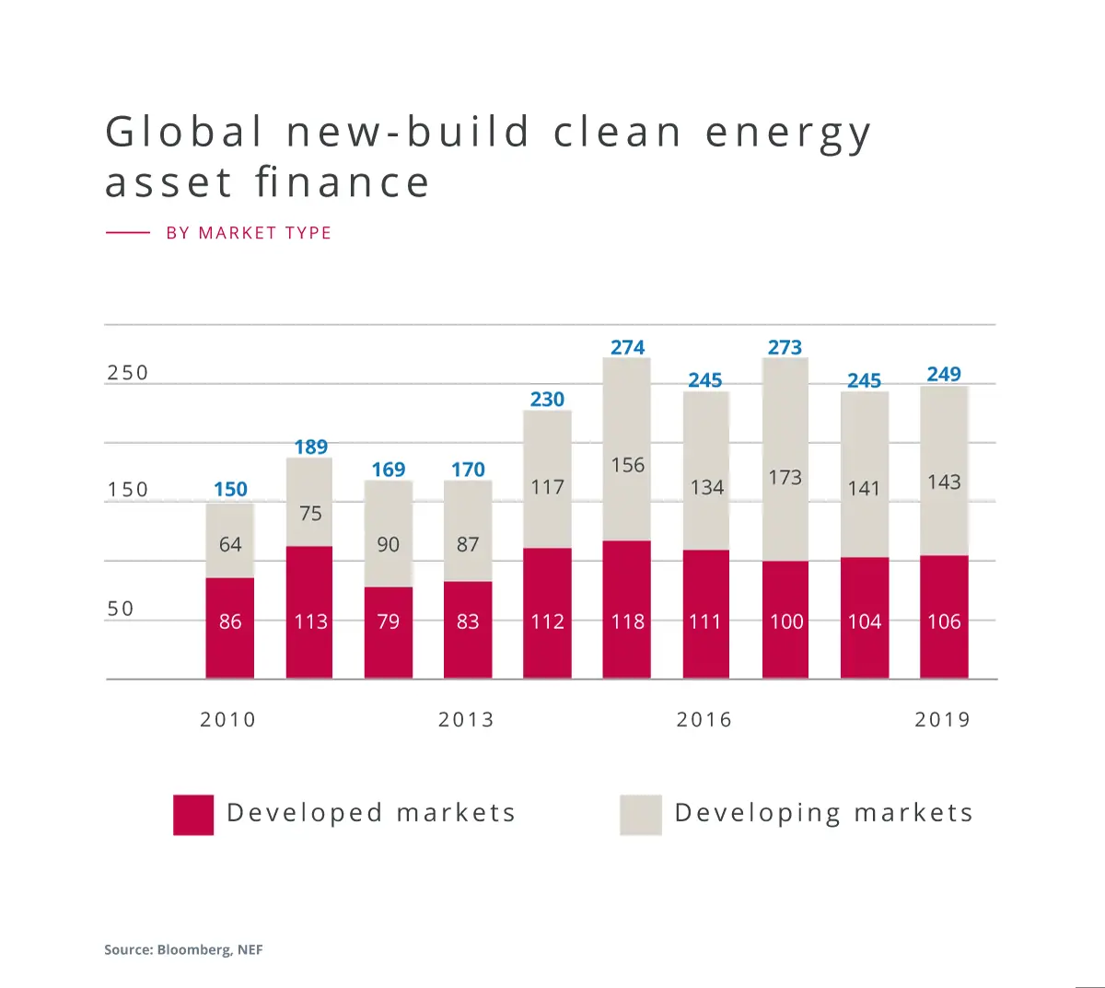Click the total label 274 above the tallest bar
[627, 347]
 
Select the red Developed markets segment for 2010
[230, 628]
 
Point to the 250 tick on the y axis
[127, 373]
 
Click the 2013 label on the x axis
[466, 719]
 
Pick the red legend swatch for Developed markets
[193, 815]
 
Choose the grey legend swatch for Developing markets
[641, 815]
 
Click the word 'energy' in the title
[788, 134]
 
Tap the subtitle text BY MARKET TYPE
[249, 233]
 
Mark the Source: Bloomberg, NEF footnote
[183, 949]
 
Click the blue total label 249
[944, 374]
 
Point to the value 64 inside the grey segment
[230, 544]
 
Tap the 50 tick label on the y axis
[121, 609]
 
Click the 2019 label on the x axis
[943, 719]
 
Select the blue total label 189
[310, 447]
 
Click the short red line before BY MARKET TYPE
[128, 233]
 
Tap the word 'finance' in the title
[343, 182]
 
